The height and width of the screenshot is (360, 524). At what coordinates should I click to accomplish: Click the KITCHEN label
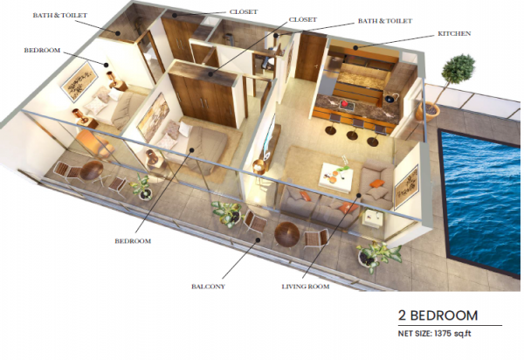[454, 33]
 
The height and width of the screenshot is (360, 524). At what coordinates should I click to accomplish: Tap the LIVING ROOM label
[306, 287]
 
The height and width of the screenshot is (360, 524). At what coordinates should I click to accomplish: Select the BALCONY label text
[208, 287]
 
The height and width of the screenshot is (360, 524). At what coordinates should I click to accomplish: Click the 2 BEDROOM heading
[438, 315]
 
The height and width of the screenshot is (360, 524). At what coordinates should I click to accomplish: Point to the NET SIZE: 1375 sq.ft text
[434, 333]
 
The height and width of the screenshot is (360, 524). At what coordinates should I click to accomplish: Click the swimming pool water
[483, 201]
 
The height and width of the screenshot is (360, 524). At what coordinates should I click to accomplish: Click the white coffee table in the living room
[335, 175]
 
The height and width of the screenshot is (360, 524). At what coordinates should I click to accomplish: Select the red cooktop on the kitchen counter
[344, 105]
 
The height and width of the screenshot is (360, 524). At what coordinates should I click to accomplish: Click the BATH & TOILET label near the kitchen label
[385, 21]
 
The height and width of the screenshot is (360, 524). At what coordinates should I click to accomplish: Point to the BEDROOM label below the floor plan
[133, 241]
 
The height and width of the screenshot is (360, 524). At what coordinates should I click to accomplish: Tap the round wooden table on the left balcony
[91, 170]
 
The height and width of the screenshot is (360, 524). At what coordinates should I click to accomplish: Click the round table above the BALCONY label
[286, 234]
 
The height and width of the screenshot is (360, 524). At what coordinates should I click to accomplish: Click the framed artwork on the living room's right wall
[406, 186]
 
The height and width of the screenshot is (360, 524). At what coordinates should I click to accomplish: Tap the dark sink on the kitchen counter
[390, 99]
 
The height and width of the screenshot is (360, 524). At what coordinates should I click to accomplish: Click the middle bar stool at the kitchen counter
[353, 130]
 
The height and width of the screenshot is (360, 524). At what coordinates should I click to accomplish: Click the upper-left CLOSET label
[244, 11]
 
